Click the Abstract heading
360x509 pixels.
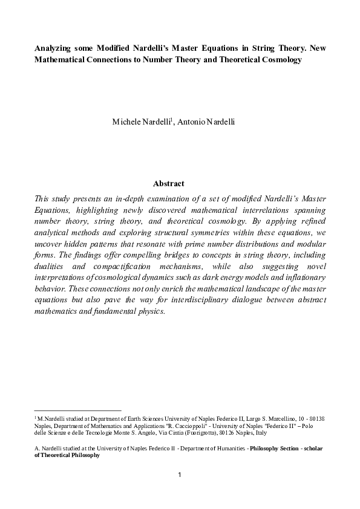click(x=169, y=184)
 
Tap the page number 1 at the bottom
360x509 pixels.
click(x=180, y=474)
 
